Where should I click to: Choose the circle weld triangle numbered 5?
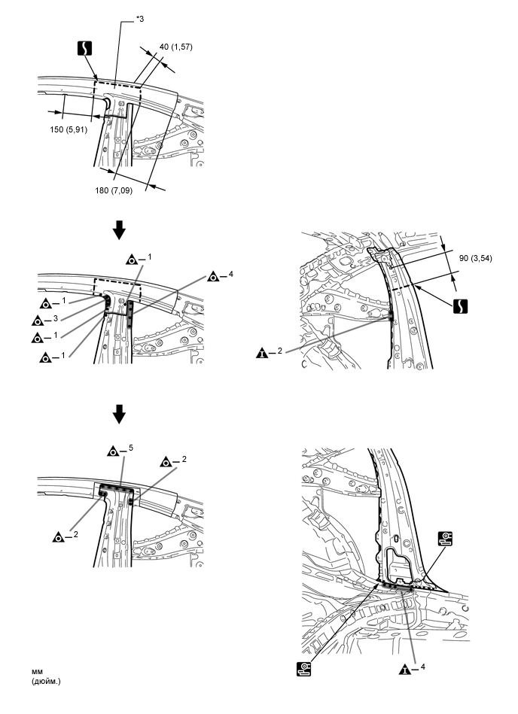pyautogui.click(x=112, y=451)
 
